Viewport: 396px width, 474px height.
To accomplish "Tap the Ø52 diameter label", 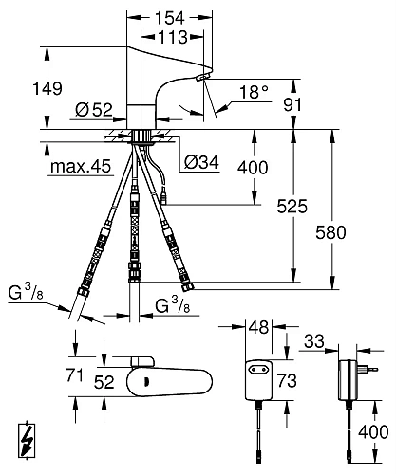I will click(x=93, y=109).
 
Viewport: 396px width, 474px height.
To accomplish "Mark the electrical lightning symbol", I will click(x=27, y=442).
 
